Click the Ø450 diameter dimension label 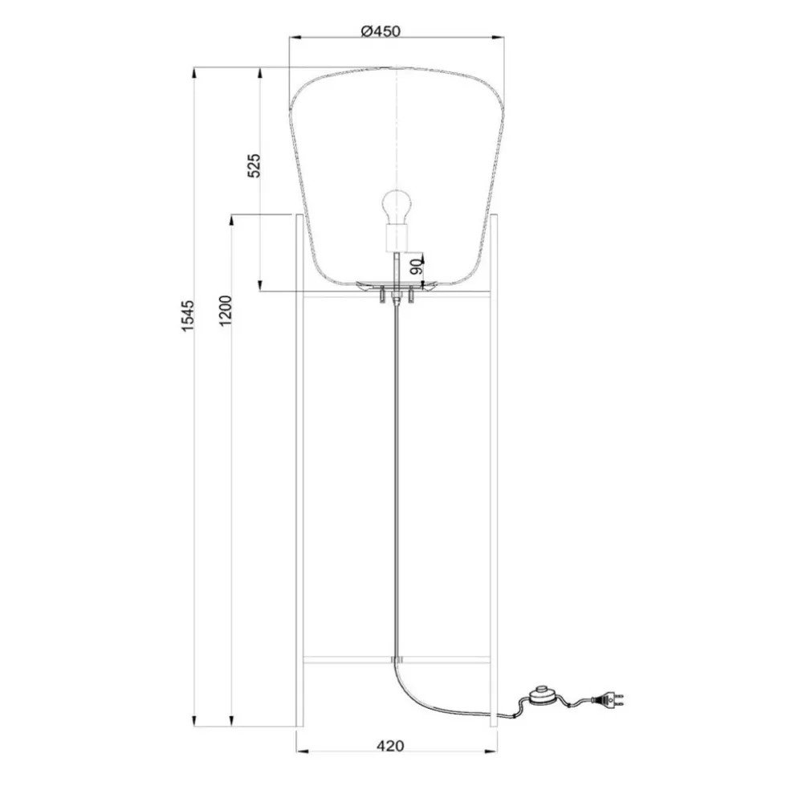pos(380,31)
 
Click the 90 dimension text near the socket pos(416,267)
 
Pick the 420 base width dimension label pos(390,746)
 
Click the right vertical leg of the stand pos(493,482)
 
